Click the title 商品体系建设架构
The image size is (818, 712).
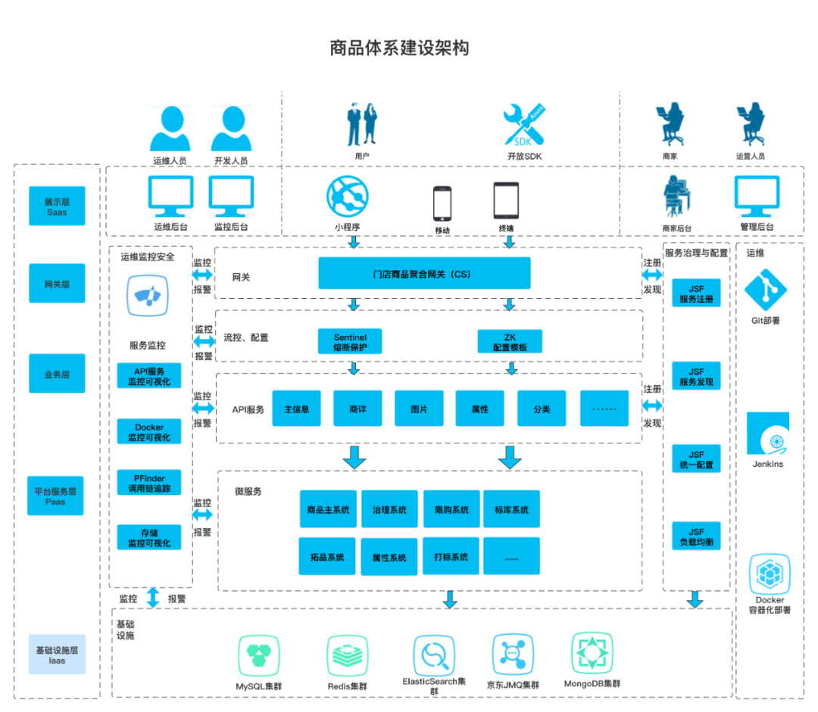(399, 48)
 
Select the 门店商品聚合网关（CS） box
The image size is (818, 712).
(423, 273)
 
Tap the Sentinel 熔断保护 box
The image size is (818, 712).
(350, 342)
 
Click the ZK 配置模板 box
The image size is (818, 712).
(510, 342)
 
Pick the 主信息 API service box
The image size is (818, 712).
(296, 409)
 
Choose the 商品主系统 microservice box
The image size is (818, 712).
(328, 510)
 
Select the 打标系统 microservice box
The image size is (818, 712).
(451, 557)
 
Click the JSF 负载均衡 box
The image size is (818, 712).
(696, 537)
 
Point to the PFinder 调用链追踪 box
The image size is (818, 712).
(149, 483)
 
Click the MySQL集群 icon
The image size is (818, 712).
(259, 655)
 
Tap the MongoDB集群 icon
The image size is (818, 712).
(592, 653)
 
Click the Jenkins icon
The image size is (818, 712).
(768, 434)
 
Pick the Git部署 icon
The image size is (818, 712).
(766, 290)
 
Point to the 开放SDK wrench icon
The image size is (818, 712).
(523, 126)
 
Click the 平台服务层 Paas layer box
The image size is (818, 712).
(56, 496)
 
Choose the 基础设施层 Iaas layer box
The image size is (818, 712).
(57, 654)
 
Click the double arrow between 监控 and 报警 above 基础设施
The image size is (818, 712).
(153, 598)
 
